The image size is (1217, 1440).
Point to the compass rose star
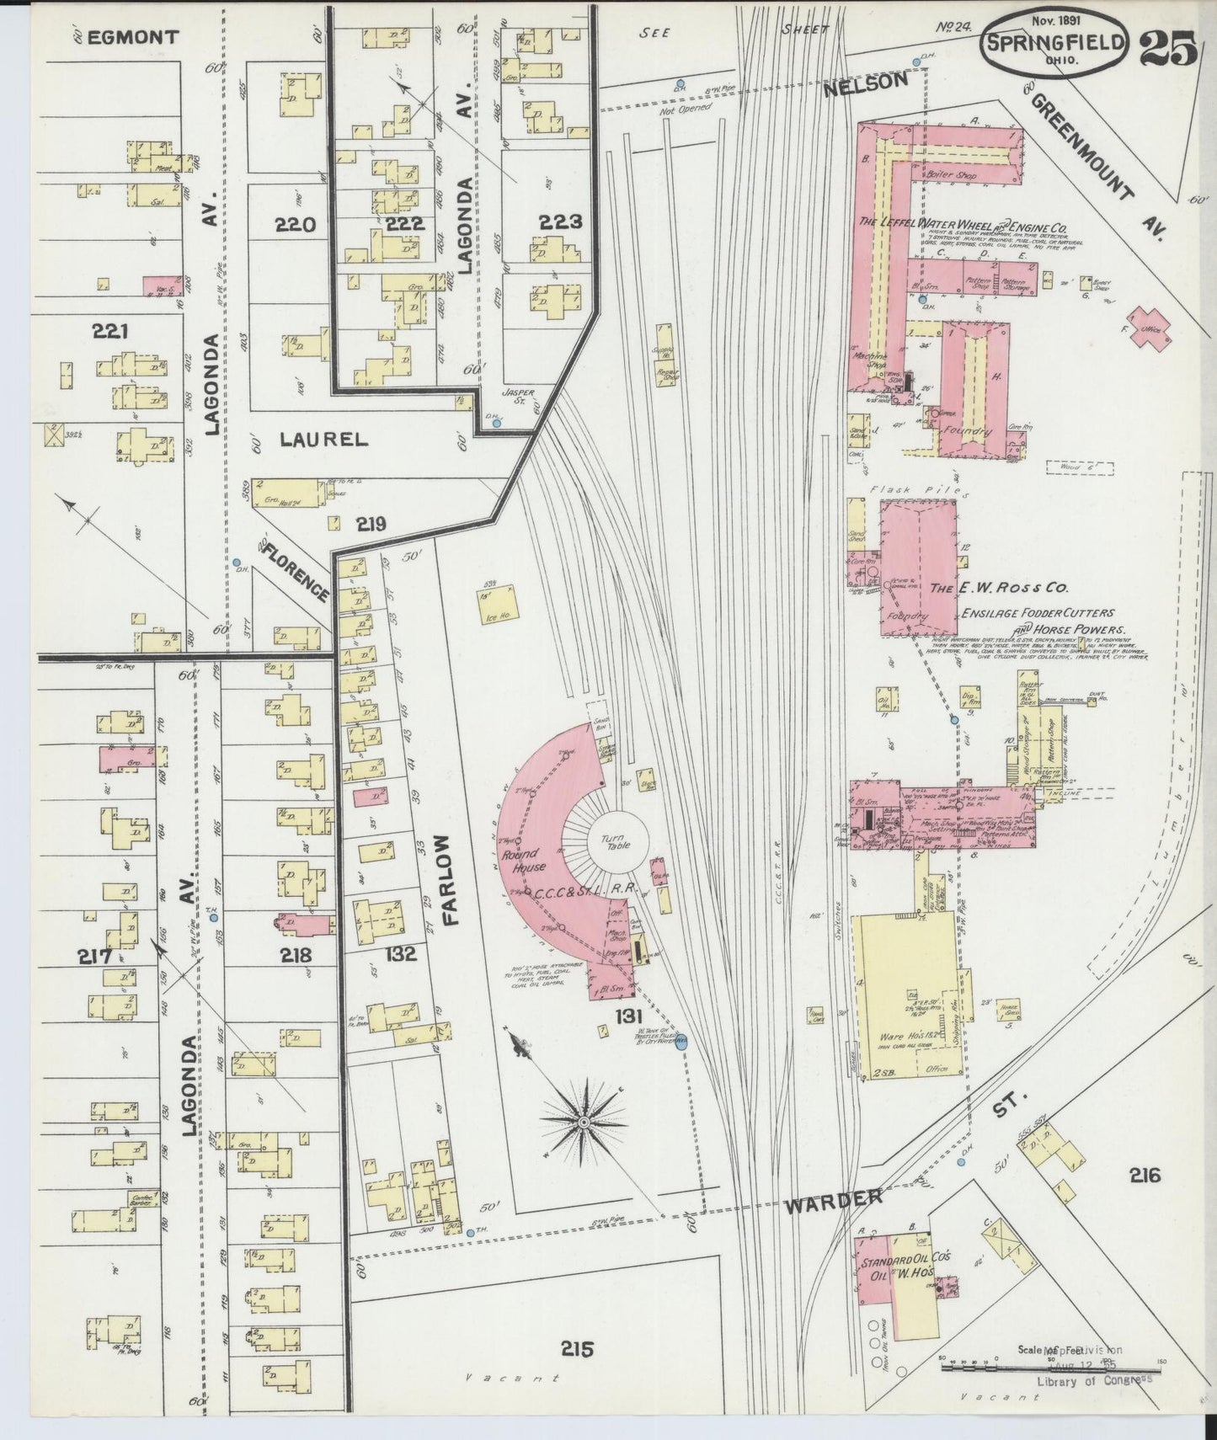pos(582,1123)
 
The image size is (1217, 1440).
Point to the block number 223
pos(561,222)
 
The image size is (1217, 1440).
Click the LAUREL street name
pos(311,439)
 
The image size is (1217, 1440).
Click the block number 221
pos(111,331)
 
